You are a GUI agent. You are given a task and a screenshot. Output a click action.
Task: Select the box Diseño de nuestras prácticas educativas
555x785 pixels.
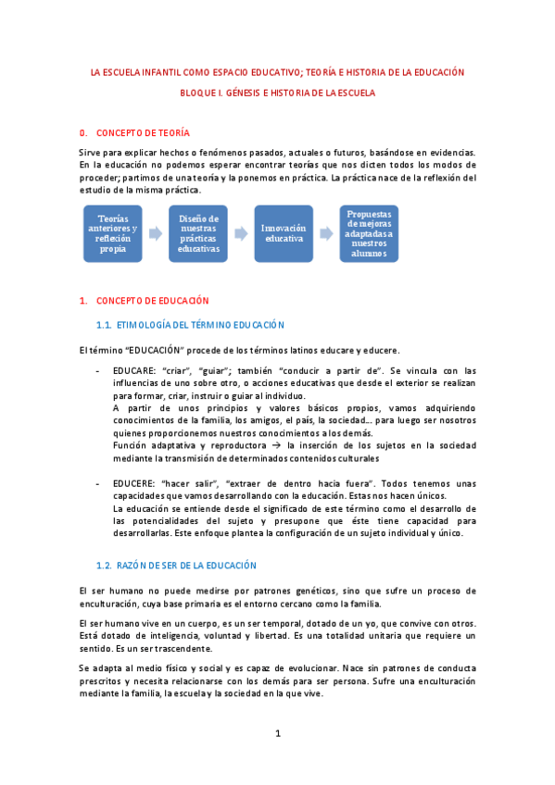[197, 233]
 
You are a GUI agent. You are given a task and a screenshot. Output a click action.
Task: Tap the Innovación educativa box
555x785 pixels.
[283, 233]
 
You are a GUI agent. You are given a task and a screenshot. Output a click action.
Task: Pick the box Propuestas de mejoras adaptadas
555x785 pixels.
[368, 233]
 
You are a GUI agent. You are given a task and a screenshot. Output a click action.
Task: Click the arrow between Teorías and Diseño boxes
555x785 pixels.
[155, 234]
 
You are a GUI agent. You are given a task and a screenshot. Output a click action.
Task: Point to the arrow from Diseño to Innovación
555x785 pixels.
[240, 234]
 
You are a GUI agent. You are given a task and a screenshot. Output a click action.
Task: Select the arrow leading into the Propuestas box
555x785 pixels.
[325, 234]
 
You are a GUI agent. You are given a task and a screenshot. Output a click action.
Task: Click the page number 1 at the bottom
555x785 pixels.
[277, 734]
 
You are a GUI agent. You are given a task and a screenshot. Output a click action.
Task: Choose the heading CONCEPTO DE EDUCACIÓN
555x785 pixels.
[152, 301]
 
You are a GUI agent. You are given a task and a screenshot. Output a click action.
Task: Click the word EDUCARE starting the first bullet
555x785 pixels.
[132, 370]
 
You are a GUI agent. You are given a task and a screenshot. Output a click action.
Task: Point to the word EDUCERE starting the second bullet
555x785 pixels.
[132, 483]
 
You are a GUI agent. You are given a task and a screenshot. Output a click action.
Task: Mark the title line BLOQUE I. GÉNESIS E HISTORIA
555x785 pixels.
[278, 93]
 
